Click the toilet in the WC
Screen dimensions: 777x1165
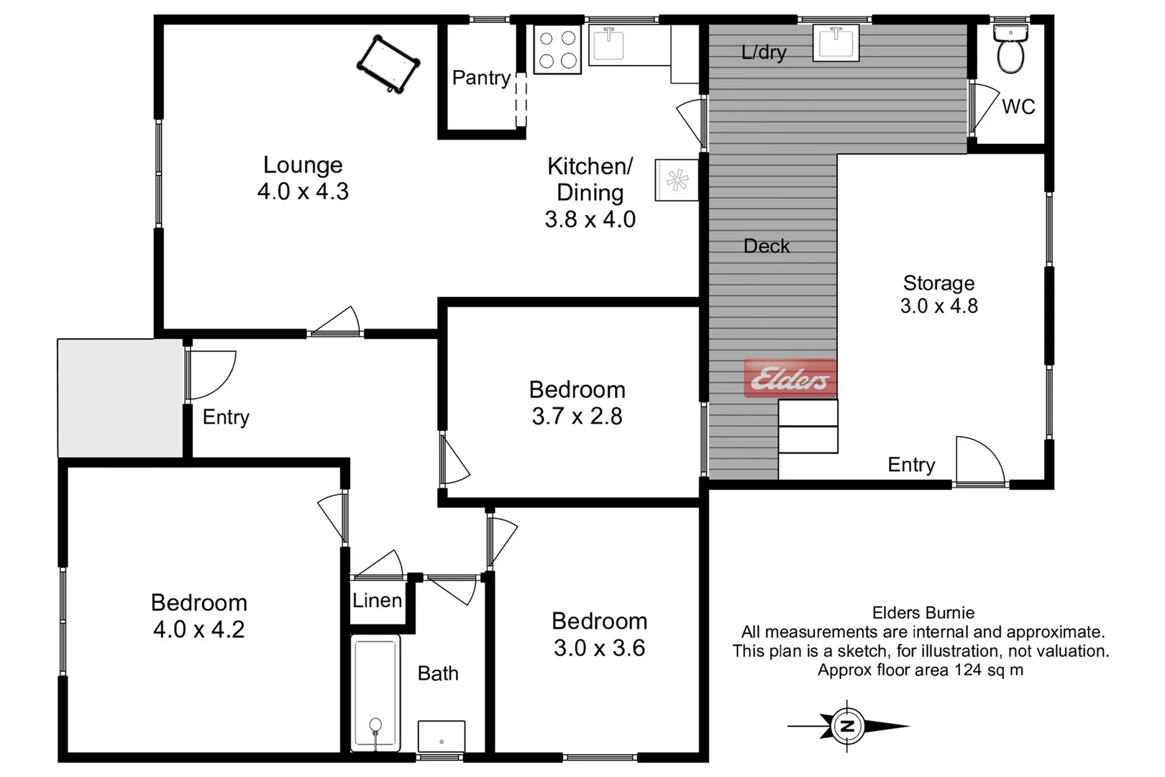click(x=1010, y=50)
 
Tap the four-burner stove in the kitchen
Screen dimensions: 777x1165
click(x=557, y=50)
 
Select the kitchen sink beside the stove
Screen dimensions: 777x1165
click(x=608, y=44)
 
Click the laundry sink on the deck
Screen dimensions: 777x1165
click(x=836, y=42)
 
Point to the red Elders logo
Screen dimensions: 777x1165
click(x=790, y=378)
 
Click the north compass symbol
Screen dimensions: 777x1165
click(x=848, y=726)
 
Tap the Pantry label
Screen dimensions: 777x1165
click(x=481, y=78)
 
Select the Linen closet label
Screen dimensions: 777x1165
click(x=377, y=600)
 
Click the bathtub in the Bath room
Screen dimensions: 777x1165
click(x=375, y=693)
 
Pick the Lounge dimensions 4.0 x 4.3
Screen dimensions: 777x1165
click(x=303, y=191)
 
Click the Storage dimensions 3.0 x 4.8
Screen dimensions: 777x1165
click(x=938, y=306)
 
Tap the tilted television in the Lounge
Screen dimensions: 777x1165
click(x=388, y=64)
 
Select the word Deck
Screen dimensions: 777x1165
click(x=767, y=246)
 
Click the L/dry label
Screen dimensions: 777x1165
click(x=764, y=52)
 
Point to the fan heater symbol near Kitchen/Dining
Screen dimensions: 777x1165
click(x=677, y=180)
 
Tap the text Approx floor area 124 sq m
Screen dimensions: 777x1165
click(x=920, y=670)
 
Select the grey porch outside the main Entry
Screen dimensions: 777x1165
click(x=120, y=398)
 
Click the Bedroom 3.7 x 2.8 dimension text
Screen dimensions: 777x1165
click(x=577, y=416)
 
